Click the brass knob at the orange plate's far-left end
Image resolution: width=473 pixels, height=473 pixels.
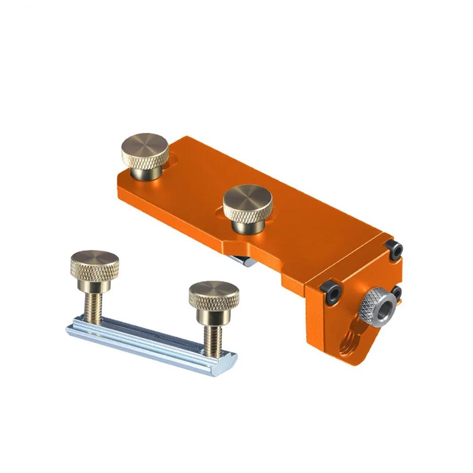tap(145, 154)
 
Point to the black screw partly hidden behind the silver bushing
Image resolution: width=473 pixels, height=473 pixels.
tap(397, 291)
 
